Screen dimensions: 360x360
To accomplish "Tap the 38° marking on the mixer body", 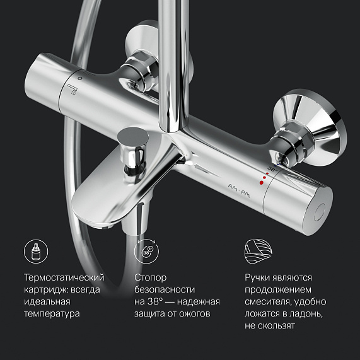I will tap(272, 170).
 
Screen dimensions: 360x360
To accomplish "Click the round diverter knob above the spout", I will tap(132, 134).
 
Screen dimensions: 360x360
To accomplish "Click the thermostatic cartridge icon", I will tap(35, 252).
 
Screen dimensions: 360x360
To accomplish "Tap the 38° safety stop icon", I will tap(147, 252).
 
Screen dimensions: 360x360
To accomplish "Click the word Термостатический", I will tap(64, 277).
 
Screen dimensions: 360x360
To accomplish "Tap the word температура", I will tap(52, 313).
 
